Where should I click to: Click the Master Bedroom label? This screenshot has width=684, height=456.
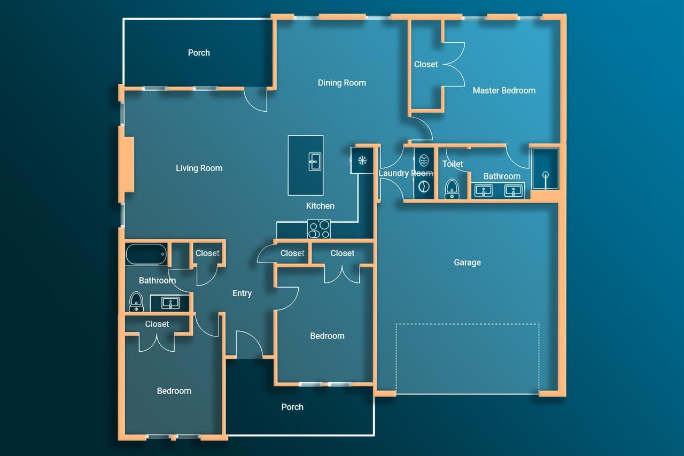point(504,90)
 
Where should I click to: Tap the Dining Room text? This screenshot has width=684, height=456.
point(341,83)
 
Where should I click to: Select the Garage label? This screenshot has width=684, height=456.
point(467,262)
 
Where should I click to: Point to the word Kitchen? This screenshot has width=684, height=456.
point(320,206)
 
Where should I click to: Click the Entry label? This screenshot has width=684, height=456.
point(242,293)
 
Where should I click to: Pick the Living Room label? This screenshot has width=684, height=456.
point(199,168)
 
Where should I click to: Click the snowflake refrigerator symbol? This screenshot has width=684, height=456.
point(362,160)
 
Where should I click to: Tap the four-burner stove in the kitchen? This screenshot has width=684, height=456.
point(318,229)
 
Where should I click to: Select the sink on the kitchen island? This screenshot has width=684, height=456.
point(314,161)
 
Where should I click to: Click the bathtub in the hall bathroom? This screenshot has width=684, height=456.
point(146,254)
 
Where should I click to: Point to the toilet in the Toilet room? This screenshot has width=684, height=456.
point(453,189)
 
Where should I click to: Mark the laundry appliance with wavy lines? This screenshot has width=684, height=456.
point(424,161)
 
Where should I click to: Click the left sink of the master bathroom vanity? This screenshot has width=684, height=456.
point(484,190)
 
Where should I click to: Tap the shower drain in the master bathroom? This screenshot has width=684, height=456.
point(545,175)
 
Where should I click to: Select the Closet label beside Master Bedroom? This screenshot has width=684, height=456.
point(426,64)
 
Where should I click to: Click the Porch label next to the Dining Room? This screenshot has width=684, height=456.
point(199,53)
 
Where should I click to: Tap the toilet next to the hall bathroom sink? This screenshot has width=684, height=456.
point(136,302)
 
